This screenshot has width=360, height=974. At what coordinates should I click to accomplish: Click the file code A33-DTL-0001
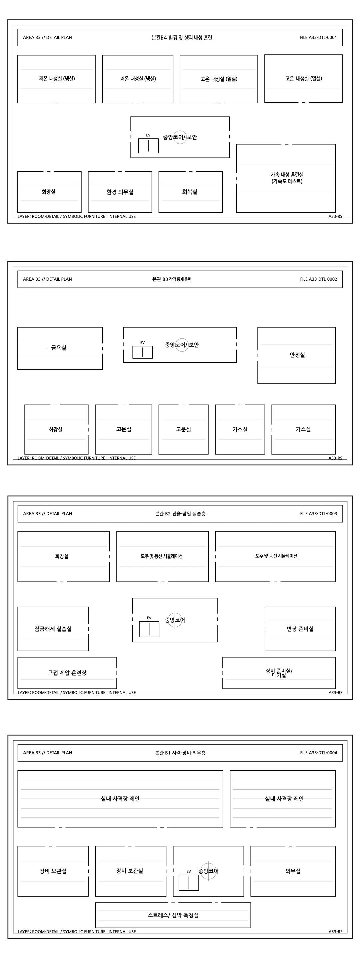coord(318,37)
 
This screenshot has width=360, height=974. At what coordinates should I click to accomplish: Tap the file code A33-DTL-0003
coord(318,513)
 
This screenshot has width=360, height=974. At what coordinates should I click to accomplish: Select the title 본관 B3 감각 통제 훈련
coord(172,279)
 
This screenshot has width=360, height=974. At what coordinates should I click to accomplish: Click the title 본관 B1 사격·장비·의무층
coord(180,752)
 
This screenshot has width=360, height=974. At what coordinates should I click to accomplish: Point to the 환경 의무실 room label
coord(120,192)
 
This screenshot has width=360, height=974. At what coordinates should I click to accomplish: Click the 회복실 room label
coord(189,192)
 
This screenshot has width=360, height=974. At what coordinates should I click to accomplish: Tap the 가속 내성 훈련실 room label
coord(287,178)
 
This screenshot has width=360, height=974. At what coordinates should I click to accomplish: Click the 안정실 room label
coord(297,355)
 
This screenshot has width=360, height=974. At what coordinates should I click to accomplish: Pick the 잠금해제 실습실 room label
coord(53,629)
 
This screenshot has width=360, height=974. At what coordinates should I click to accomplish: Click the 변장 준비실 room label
coord(300,629)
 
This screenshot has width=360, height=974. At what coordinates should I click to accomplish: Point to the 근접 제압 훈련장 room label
coord(67,673)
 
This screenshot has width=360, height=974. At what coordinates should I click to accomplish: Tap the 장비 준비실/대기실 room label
coord(279,673)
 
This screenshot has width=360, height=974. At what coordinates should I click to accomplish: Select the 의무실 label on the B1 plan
coord(293,871)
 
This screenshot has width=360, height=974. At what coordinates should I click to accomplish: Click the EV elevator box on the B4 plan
coord(148,146)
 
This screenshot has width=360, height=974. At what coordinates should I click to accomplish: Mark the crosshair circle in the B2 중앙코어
coord(175,620)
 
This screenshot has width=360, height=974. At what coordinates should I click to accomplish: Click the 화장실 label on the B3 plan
coord(56,430)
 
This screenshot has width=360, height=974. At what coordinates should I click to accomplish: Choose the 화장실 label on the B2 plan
coord(62,556)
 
